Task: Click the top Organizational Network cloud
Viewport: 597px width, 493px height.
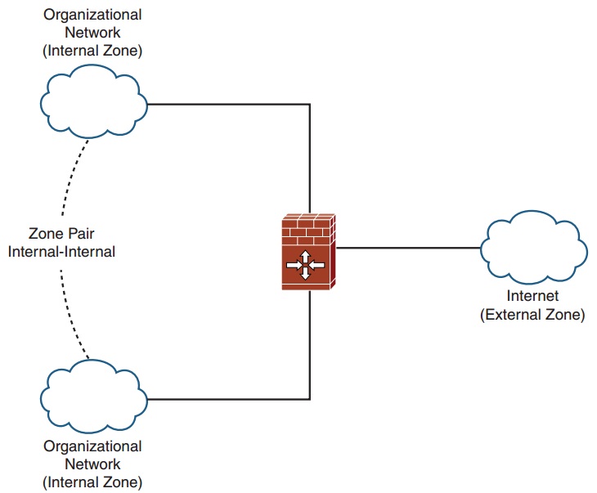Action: [93, 102]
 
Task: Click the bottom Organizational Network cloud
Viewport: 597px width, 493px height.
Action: [93, 398]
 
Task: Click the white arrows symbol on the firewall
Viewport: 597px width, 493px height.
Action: [305, 265]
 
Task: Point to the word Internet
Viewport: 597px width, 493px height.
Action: [532, 296]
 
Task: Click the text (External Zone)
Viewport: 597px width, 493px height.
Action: [532, 314]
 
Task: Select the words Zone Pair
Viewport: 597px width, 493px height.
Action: [62, 234]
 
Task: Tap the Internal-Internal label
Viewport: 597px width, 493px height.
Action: [62, 252]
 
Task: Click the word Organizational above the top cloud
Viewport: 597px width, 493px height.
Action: [92, 15]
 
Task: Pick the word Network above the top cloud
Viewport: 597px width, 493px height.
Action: [92, 33]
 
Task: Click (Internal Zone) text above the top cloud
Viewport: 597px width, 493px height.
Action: [92, 51]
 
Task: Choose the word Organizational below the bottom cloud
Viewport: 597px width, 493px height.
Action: [92, 446]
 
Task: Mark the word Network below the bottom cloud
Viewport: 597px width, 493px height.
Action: [92, 464]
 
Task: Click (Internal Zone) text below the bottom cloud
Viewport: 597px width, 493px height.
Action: [92, 482]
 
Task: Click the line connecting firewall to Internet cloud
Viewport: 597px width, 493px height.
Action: [409, 248]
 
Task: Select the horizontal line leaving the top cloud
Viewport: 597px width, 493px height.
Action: [229, 104]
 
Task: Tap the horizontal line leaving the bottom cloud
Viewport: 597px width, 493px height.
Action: [229, 400]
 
